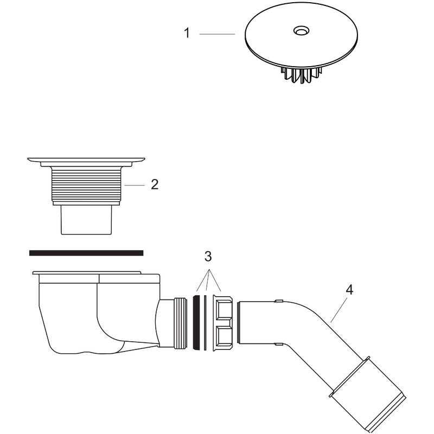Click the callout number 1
(x=187, y=34)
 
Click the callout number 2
(x=155, y=185)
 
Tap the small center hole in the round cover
(x=299, y=31)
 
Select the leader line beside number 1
(x=216, y=34)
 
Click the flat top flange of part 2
(x=86, y=161)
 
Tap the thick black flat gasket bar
(x=86, y=253)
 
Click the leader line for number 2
(x=135, y=186)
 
